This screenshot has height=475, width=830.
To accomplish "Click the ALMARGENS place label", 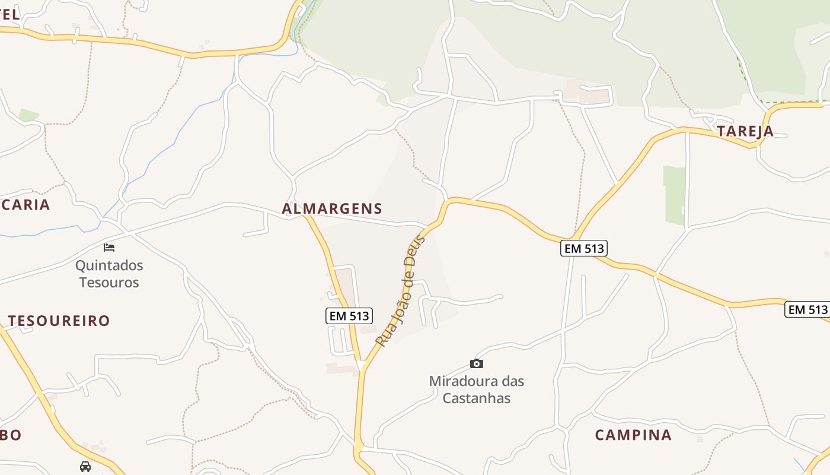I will (332, 208).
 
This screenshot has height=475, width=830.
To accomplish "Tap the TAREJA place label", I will (745, 131).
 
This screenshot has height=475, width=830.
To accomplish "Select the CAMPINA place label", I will (633, 435).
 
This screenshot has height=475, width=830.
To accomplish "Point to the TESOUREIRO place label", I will (59, 321).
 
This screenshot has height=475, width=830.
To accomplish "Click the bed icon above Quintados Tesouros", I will (109, 247).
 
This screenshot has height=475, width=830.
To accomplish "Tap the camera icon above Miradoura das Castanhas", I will (477, 363).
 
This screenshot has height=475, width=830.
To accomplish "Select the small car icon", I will (85, 466).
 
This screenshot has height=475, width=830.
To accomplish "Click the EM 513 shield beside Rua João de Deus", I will (349, 316).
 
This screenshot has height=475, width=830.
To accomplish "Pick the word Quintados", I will (109, 265).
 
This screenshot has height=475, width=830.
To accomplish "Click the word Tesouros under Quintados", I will (109, 282).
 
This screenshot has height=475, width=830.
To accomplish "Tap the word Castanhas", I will (477, 398).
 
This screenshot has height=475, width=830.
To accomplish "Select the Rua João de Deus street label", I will (401, 291).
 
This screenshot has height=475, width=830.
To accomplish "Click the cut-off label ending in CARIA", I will (25, 205).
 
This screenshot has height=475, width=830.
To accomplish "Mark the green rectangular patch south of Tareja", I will (674, 195).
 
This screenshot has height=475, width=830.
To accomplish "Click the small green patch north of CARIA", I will (28, 114).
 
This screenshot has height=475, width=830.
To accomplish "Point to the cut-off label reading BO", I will (11, 435).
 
